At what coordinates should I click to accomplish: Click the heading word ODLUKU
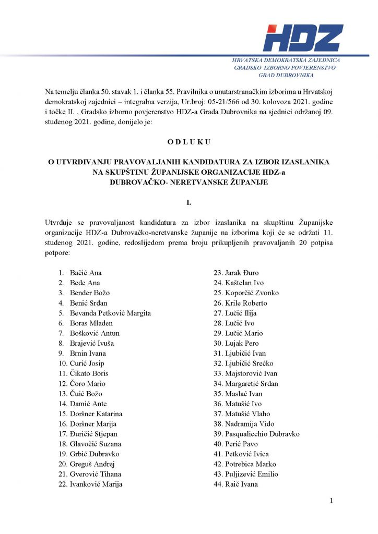(x=188, y=141)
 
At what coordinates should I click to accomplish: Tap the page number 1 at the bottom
(x=331, y=501)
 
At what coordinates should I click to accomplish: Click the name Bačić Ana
(x=86, y=273)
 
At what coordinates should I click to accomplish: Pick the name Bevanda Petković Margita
(x=110, y=313)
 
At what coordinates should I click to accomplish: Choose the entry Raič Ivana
(x=241, y=484)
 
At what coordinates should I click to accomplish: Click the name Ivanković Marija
(x=96, y=484)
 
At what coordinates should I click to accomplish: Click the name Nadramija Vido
(x=249, y=424)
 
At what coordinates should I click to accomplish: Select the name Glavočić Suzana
(x=96, y=444)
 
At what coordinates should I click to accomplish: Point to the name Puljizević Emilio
(x=251, y=474)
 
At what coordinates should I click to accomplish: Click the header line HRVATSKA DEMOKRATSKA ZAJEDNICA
(x=286, y=60)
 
